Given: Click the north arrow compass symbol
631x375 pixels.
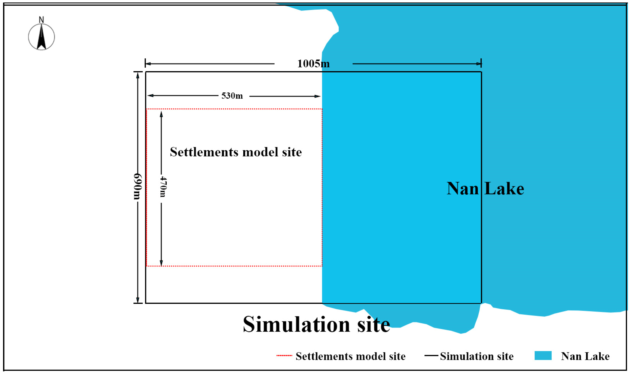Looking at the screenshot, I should point(41,37).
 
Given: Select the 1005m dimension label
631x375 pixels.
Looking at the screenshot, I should point(313,64).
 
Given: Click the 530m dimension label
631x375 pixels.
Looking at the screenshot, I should point(232,96).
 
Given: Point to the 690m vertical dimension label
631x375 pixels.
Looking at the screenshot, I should point(138,186).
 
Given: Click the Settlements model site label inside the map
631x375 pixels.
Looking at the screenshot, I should point(236,152).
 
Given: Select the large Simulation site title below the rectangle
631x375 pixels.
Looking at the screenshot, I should point(317,325).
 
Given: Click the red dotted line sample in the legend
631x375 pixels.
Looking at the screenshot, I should point(284,356).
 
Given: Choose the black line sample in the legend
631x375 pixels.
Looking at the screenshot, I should point(431,356).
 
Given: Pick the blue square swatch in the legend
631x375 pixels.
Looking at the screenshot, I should point(543,356).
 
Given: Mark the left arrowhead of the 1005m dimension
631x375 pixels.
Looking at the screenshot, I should point(148,64).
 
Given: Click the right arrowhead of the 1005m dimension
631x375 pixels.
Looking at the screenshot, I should point(479,64).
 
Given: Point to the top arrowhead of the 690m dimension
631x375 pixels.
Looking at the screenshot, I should point(138,75).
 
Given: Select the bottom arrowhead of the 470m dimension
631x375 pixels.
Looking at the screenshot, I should point(161,263).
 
